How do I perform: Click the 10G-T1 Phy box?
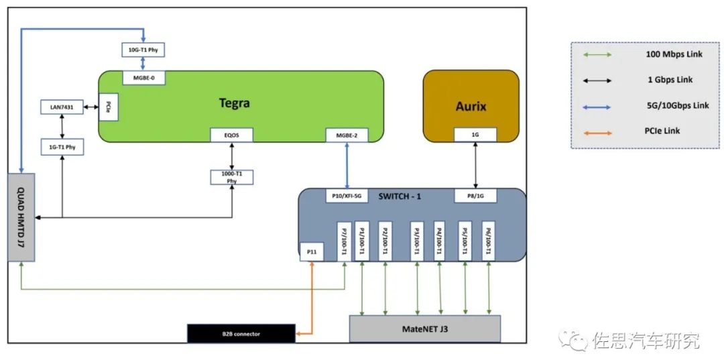pos(143,50)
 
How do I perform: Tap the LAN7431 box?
pos(62,108)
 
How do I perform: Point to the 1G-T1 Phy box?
pos(62,147)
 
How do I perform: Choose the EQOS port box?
pos(232,135)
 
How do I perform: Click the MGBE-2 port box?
pos(347,135)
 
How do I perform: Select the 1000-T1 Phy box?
pos(232,178)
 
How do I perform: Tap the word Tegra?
pos(235,103)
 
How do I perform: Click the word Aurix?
pos(471,106)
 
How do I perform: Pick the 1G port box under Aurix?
pos(475,135)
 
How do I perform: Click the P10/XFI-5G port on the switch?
pos(347,196)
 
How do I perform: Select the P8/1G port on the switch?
pos(475,196)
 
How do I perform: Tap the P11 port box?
pos(312,251)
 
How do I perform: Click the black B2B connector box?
pos(241,333)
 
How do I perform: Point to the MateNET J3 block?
pos(425,328)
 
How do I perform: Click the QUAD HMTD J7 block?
pos(21,217)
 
